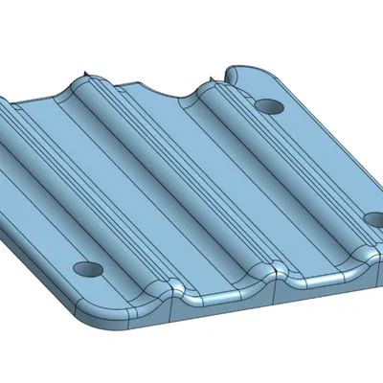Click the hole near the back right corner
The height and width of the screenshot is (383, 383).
tap(268, 104)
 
